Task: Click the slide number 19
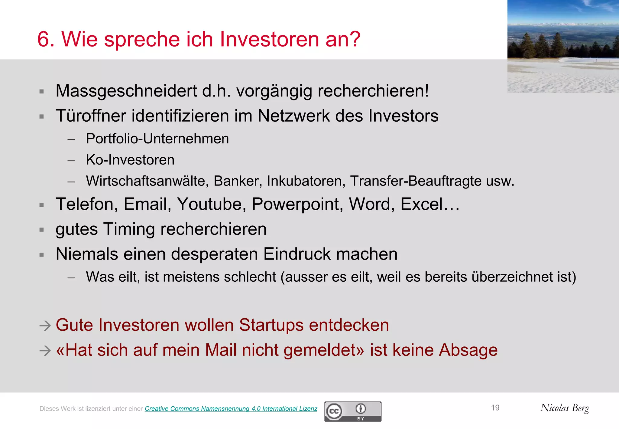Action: point(495,408)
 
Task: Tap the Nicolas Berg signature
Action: point(564,408)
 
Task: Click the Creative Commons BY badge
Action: point(353,411)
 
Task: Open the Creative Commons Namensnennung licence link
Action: point(231,409)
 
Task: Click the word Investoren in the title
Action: point(269,39)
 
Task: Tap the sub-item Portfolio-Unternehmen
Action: point(157,139)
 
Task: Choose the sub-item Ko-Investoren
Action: point(130,160)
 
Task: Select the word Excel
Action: point(422,204)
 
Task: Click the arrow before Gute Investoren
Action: point(45,326)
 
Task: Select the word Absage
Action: point(468,350)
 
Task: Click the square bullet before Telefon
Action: point(42,205)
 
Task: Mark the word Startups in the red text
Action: point(271,325)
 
